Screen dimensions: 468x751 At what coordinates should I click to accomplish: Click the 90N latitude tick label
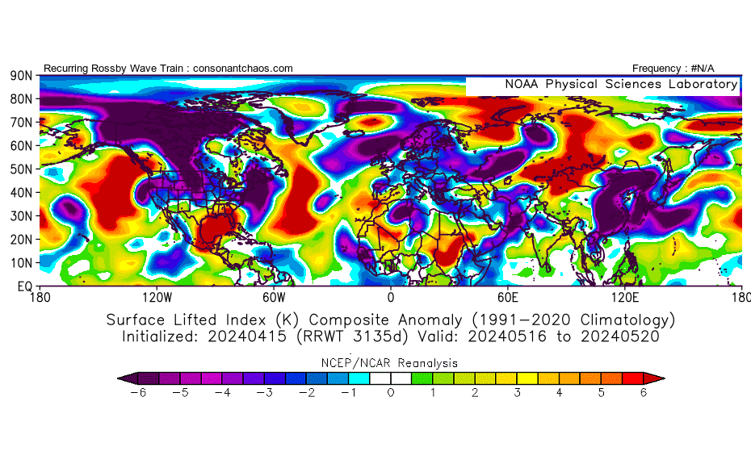pyautogui.click(x=21, y=76)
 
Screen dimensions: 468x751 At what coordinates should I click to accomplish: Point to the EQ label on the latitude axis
pyautogui.click(x=23, y=286)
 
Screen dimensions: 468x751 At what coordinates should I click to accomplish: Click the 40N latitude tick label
pyautogui.click(x=21, y=193)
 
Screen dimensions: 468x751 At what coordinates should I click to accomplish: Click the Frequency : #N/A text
pyautogui.click(x=673, y=69)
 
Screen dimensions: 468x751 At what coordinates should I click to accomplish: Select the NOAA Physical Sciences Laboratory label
pyautogui.click(x=621, y=84)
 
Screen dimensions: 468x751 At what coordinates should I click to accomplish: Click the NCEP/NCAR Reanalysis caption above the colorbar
pyautogui.click(x=391, y=363)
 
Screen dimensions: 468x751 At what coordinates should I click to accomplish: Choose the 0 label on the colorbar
pyautogui.click(x=391, y=393)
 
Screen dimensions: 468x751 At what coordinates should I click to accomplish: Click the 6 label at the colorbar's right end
pyautogui.click(x=644, y=393)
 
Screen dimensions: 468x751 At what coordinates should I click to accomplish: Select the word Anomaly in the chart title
pyautogui.click(x=431, y=320)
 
